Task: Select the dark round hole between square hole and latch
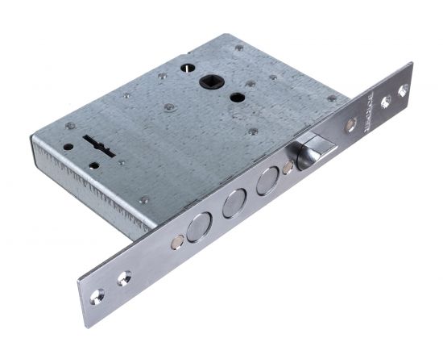click(238, 98)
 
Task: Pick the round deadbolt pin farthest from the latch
click(196, 229)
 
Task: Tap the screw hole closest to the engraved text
click(386, 101)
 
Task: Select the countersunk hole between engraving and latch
click(350, 125)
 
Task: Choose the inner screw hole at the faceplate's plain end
click(124, 278)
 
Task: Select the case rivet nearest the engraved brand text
click(331, 98)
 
